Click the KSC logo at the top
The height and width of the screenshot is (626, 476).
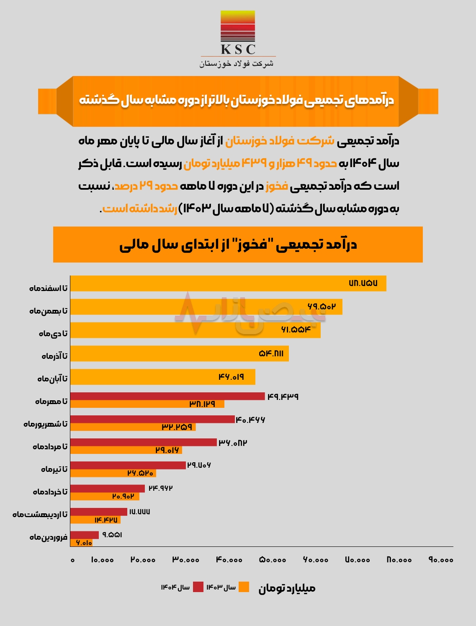(x=238, y=33)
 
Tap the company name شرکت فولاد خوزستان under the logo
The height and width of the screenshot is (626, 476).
(x=237, y=63)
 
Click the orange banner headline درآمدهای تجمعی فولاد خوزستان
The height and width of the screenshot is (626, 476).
(x=237, y=100)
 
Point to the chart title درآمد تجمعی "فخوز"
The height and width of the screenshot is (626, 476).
(x=238, y=245)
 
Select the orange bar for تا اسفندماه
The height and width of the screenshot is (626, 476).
(x=228, y=283)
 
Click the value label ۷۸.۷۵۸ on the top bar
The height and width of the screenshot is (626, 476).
(x=363, y=283)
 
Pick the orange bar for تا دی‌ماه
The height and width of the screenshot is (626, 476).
(x=195, y=330)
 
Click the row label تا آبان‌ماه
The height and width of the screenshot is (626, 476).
(x=52, y=379)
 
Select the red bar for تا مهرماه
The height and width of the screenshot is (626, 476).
(x=167, y=396)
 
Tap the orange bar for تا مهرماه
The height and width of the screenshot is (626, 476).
(x=147, y=404)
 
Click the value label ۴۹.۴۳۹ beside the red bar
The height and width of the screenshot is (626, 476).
(x=283, y=396)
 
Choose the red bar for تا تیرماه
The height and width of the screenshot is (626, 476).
(x=128, y=465)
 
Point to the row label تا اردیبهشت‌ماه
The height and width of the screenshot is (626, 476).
(x=40, y=514)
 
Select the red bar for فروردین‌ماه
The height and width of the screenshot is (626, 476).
(x=84, y=535)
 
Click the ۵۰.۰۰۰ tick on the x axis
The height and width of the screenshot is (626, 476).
(x=273, y=560)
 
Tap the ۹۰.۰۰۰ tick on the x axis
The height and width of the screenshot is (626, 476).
(x=441, y=560)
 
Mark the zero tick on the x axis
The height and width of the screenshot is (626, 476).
(x=72, y=560)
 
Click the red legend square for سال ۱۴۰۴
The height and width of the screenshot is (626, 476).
(x=198, y=587)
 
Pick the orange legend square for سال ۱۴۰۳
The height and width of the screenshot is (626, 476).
(x=244, y=587)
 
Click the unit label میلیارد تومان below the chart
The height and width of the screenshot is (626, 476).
(x=287, y=588)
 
